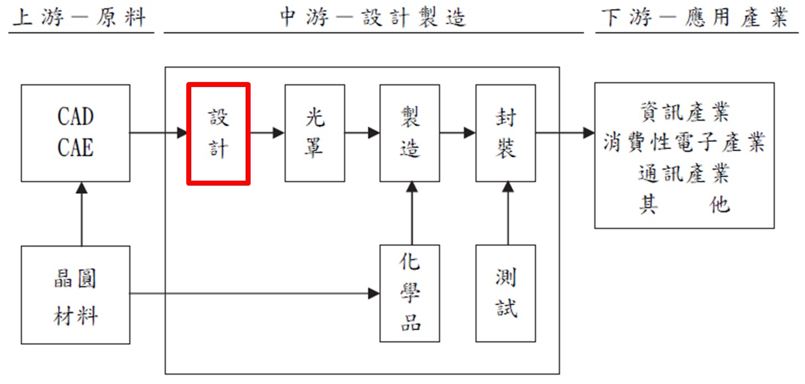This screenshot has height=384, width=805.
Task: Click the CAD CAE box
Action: coord(75,133)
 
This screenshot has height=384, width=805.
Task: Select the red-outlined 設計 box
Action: coord(218,133)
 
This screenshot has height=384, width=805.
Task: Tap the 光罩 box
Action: coord(314,133)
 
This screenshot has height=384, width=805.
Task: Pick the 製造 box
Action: coord(410,133)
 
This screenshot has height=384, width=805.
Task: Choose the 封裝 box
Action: coord(506,133)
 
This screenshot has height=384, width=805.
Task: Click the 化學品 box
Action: coord(410,293)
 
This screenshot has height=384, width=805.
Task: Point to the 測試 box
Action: coord(506,293)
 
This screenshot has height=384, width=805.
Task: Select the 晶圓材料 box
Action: coord(75,295)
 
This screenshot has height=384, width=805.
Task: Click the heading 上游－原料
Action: coord(79,18)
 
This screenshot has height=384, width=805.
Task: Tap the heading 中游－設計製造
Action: coord(373,18)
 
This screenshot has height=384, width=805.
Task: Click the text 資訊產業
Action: coord(684,113)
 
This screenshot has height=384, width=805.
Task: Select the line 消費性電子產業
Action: coord(684,143)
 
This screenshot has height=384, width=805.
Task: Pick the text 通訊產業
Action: coord(684,174)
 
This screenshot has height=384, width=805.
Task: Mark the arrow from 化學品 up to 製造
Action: coord(411,213)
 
